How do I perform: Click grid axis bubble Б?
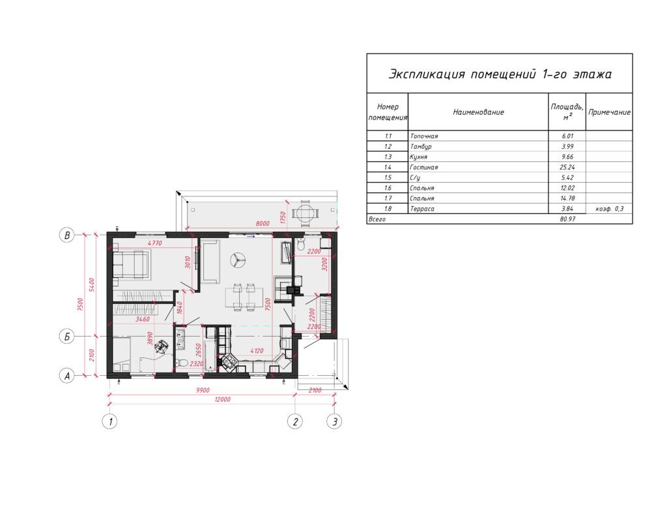point(67,337)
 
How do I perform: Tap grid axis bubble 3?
point(334,421)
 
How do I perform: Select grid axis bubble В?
point(67,235)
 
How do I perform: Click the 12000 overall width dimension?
point(223,399)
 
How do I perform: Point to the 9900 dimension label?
point(203,390)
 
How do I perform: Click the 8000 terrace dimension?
point(263,223)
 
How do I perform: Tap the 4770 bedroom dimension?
point(155,243)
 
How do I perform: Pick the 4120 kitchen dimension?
point(257,351)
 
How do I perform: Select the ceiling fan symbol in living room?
point(238,260)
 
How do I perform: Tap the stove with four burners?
point(229,361)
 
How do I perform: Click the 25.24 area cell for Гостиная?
point(567,167)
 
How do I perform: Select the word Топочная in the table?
point(423,136)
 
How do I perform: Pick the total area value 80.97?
point(567,219)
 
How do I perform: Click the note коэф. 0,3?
point(610,209)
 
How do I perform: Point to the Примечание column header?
point(609,112)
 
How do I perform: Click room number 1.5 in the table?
point(388,177)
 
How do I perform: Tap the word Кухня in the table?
point(419,157)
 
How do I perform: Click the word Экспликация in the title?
point(426,74)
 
